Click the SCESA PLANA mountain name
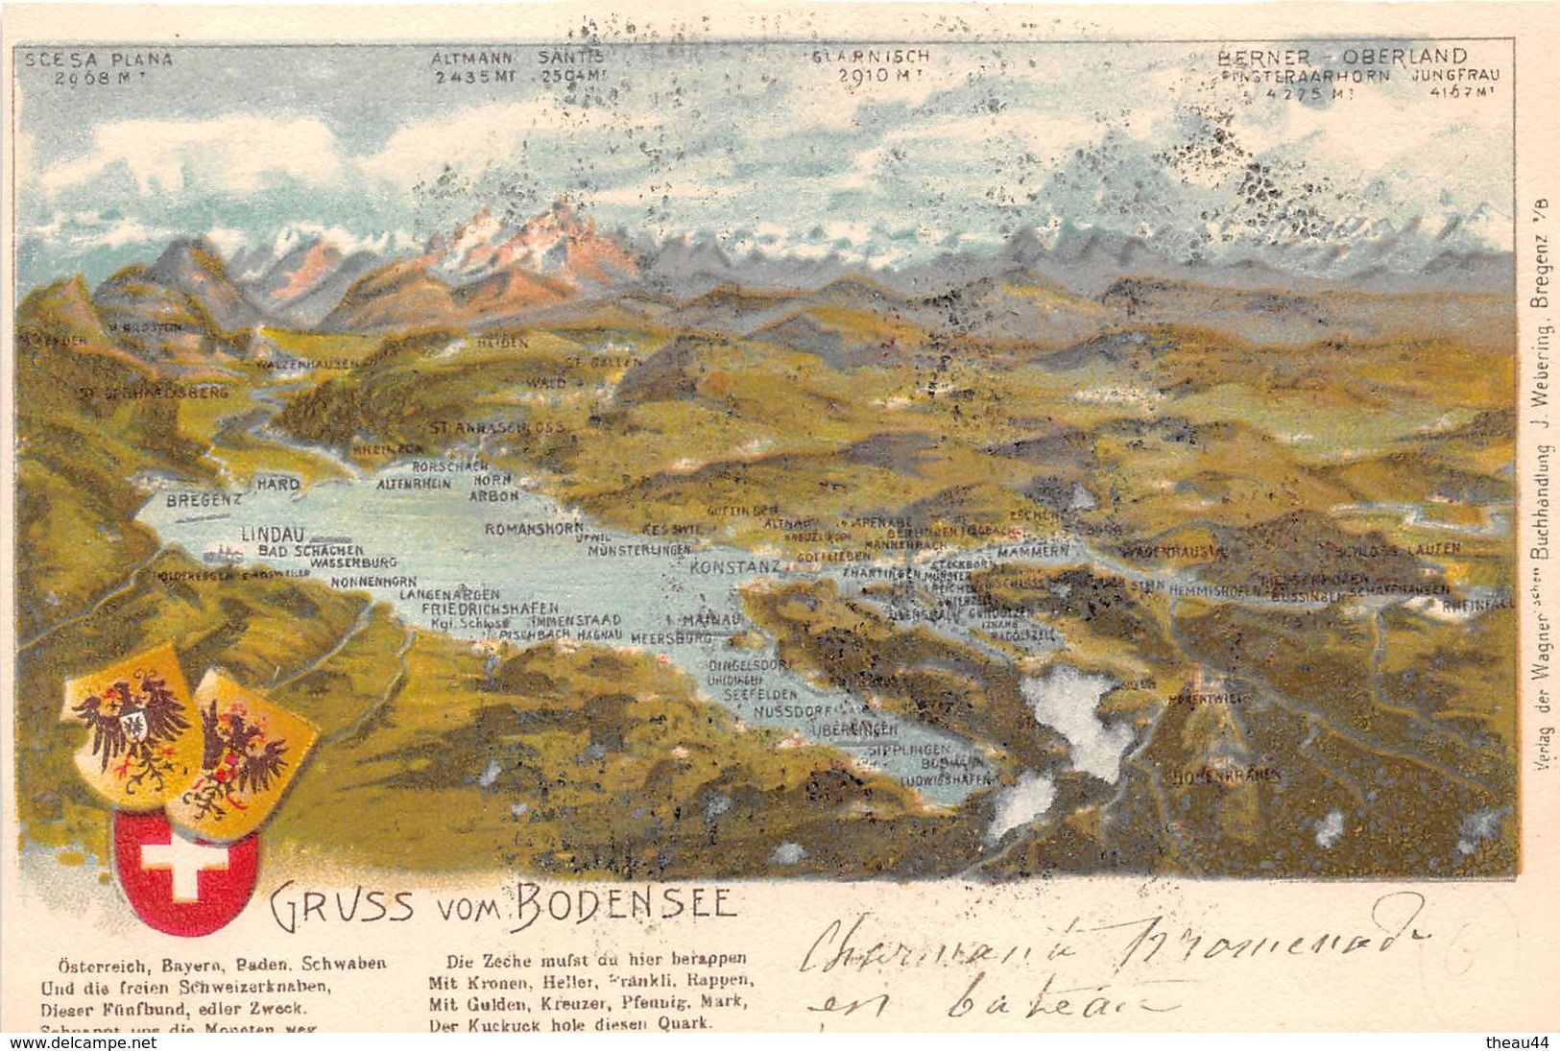pos(98,59)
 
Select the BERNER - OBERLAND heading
pos(1342,56)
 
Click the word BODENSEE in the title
pos(626,902)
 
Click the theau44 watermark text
pos(1522,1041)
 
